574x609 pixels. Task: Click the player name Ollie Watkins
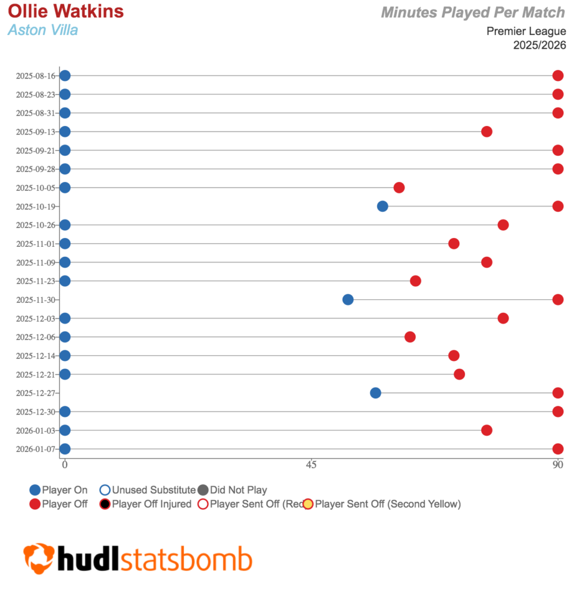tap(66, 11)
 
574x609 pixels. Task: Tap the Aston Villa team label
tap(43, 30)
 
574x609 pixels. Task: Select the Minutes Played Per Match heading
tap(473, 12)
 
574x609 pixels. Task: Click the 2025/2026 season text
tap(540, 45)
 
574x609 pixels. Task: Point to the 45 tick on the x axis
tap(310, 464)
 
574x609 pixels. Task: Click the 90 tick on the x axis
tap(557, 464)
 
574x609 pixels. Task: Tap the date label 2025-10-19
tap(36, 206)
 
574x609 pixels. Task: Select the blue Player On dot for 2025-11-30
tap(348, 300)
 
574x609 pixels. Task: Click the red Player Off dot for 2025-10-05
tap(399, 188)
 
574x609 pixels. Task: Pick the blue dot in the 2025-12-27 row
tap(375, 393)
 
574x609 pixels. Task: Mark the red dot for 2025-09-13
tap(487, 131)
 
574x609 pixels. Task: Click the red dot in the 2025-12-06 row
tap(410, 337)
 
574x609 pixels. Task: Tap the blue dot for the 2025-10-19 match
tap(382, 206)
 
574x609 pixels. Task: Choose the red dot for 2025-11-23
tap(415, 281)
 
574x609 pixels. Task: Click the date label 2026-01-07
tap(36, 449)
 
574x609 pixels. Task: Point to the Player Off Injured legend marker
tap(105, 504)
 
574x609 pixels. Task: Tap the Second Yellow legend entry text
tap(388, 504)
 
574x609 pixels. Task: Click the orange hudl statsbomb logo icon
tap(39, 558)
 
